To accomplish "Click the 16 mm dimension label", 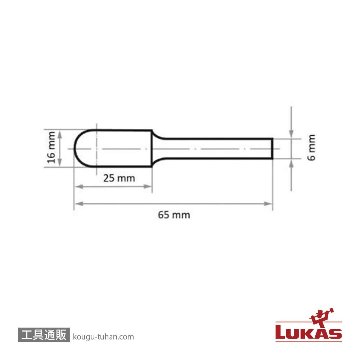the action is [x=51, y=147].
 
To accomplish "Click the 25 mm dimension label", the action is [x=119, y=178].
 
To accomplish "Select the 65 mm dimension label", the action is [x=174, y=215].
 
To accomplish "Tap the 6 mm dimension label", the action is [x=312, y=147].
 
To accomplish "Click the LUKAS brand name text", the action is [x=309, y=333].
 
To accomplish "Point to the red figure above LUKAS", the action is [x=322, y=317].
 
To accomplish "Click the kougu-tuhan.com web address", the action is [x=103, y=337].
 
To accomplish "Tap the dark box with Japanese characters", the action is [x=44, y=336].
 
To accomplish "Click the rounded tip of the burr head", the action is [x=74, y=149].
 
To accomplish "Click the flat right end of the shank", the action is [x=273, y=148].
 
